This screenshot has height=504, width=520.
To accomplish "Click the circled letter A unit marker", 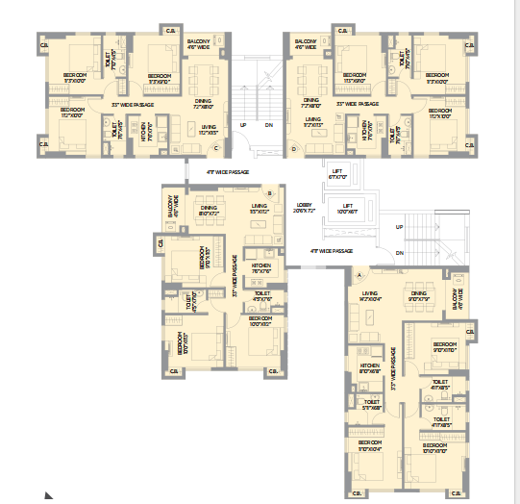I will [360, 274].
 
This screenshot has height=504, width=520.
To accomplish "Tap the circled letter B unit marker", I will [270, 193].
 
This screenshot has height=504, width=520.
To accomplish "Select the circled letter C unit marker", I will [217, 147].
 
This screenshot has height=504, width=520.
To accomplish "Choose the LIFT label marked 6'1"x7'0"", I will [336, 174].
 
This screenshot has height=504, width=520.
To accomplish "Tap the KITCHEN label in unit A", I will [370, 366].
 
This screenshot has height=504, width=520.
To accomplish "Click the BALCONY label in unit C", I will [199, 43].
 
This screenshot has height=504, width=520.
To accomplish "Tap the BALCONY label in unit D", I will [306, 43].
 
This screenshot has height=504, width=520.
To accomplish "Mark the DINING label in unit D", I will [311, 100].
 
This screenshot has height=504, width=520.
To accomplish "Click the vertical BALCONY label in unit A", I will [459, 295].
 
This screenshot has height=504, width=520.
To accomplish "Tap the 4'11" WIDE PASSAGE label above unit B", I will [227, 172].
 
